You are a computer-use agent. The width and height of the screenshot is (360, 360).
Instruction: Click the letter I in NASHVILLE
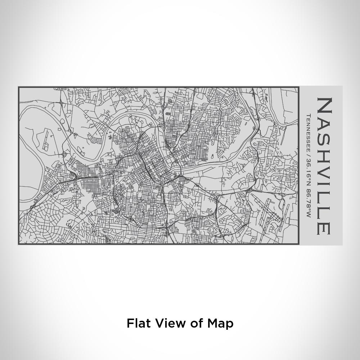(x=324, y=187)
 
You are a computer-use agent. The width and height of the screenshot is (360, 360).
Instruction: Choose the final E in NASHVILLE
(x=324, y=228)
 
